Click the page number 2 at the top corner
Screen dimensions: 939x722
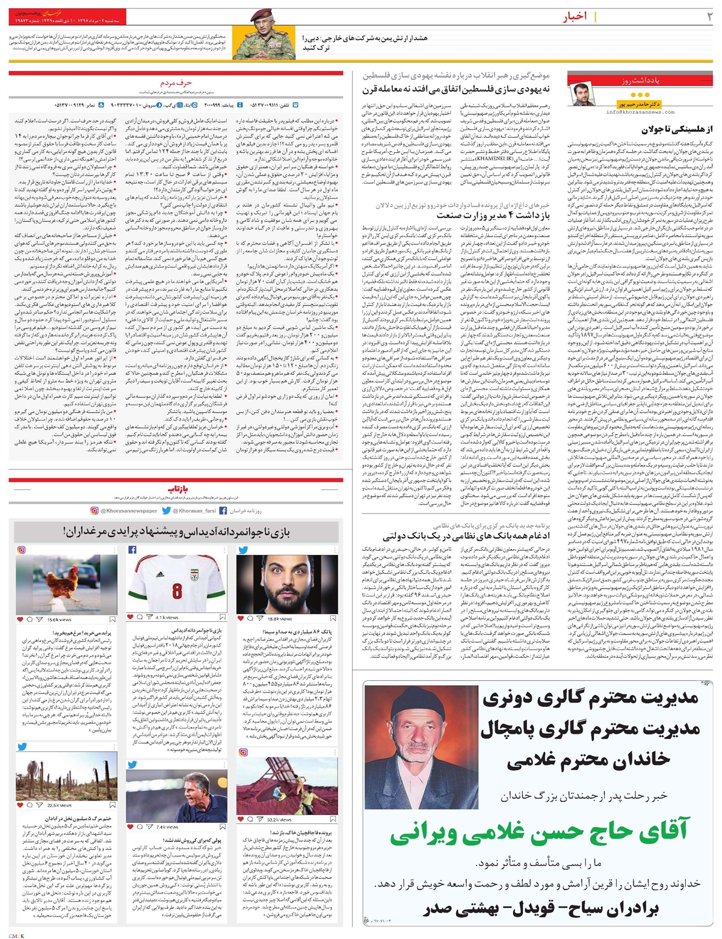[709, 16]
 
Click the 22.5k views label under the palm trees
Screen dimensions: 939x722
[59, 805]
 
